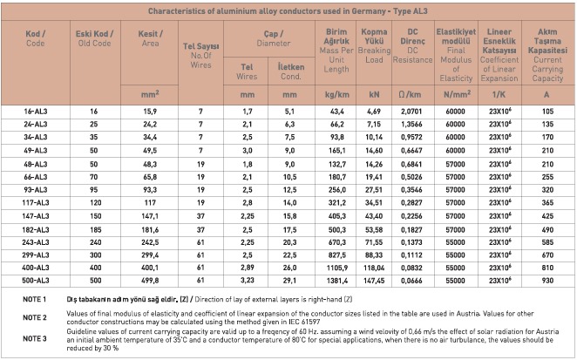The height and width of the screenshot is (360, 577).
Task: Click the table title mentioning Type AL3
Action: (x=288, y=11)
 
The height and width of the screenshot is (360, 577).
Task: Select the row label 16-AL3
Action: (x=36, y=112)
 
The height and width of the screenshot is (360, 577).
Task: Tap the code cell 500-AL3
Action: (x=36, y=281)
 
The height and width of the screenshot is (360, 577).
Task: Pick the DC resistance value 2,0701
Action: (x=411, y=112)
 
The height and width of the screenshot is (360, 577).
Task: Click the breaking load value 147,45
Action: (x=374, y=281)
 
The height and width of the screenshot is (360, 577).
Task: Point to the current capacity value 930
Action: (x=547, y=281)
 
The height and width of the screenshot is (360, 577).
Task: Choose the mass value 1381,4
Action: (x=337, y=281)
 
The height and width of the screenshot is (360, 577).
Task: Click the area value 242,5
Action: (x=150, y=242)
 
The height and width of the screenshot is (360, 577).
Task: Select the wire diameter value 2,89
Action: (x=248, y=268)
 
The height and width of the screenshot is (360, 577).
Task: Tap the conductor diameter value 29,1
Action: (x=289, y=281)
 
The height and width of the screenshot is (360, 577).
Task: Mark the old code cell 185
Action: (x=95, y=230)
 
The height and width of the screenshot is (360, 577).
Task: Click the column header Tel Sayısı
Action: (x=201, y=46)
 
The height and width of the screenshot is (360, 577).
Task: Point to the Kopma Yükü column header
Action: (x=374, y=37)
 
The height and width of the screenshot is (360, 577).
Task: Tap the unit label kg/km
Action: (x=337, y=95)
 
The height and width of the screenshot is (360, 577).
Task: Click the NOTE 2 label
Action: (x=35, y=317)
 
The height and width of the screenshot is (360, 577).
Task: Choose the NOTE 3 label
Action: (x=35, y=339)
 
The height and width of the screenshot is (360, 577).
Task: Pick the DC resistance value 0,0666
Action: (x=411, y=281)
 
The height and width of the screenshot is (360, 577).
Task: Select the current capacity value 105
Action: (x=547, y=112)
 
